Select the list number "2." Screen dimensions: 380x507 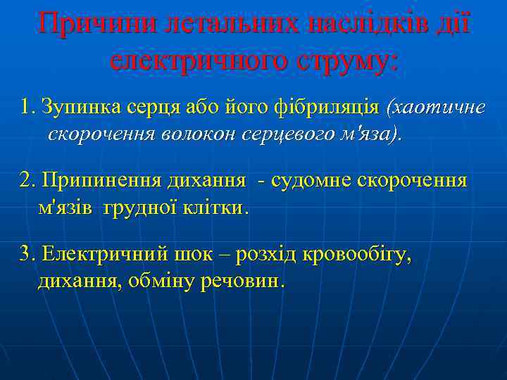coord(29,181)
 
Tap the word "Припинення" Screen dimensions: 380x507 coord(101,181)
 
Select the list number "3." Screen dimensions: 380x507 coord(29,255)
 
